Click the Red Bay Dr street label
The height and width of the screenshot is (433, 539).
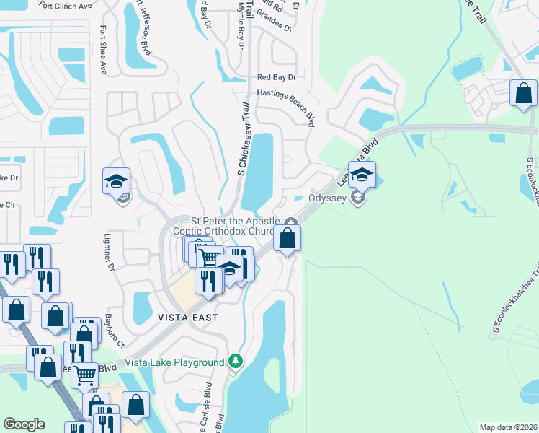(277, 76)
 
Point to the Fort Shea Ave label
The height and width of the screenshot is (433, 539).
(104, 51)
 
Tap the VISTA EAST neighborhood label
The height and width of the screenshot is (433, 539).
(187, 317)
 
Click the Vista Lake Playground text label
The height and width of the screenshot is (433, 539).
(174, 362)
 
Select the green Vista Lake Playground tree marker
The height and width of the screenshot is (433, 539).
(234, 361)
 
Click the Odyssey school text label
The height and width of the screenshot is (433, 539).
(328, 197)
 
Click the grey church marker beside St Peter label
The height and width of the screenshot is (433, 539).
(290, 222)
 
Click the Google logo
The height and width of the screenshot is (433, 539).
(24, 424)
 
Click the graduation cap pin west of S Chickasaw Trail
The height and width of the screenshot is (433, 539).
(116, 181)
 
